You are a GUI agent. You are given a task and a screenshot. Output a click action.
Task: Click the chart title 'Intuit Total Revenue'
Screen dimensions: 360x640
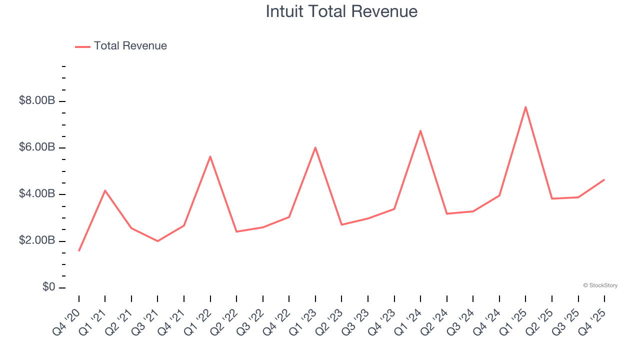point(341,11)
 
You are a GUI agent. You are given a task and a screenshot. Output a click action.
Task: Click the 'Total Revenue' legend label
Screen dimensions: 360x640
point(130,46)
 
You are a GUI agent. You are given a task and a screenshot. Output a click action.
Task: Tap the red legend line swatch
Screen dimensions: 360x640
point(82,46)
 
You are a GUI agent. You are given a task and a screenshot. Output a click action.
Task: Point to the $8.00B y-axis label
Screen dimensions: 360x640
point(37,101)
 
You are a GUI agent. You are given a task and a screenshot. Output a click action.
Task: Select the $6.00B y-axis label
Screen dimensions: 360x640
point(37,147)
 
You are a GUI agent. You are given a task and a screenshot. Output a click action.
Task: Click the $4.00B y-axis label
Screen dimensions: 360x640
point(37,194)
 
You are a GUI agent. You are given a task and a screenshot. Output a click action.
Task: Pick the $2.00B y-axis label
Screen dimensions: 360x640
point(37,240)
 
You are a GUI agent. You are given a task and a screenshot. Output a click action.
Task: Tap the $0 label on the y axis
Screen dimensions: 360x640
point(48,287)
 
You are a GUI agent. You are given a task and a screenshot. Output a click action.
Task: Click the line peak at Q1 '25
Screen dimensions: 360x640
point(525,107)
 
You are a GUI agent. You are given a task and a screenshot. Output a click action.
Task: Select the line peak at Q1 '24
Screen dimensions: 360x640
point(420,130)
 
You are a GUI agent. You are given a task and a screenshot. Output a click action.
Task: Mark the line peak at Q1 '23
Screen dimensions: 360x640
point(315,147)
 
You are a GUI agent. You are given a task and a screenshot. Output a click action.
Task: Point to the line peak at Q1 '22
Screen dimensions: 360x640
point(210,156)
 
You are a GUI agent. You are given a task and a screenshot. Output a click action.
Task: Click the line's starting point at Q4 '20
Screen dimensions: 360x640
point(79,250)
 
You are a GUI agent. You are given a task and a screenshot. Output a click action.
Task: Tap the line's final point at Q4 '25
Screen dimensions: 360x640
point(604,179)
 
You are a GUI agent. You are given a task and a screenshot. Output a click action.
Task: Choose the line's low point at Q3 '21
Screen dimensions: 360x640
point(157,241)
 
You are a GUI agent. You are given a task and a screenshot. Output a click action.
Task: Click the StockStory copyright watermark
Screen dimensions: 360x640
point(600,285)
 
